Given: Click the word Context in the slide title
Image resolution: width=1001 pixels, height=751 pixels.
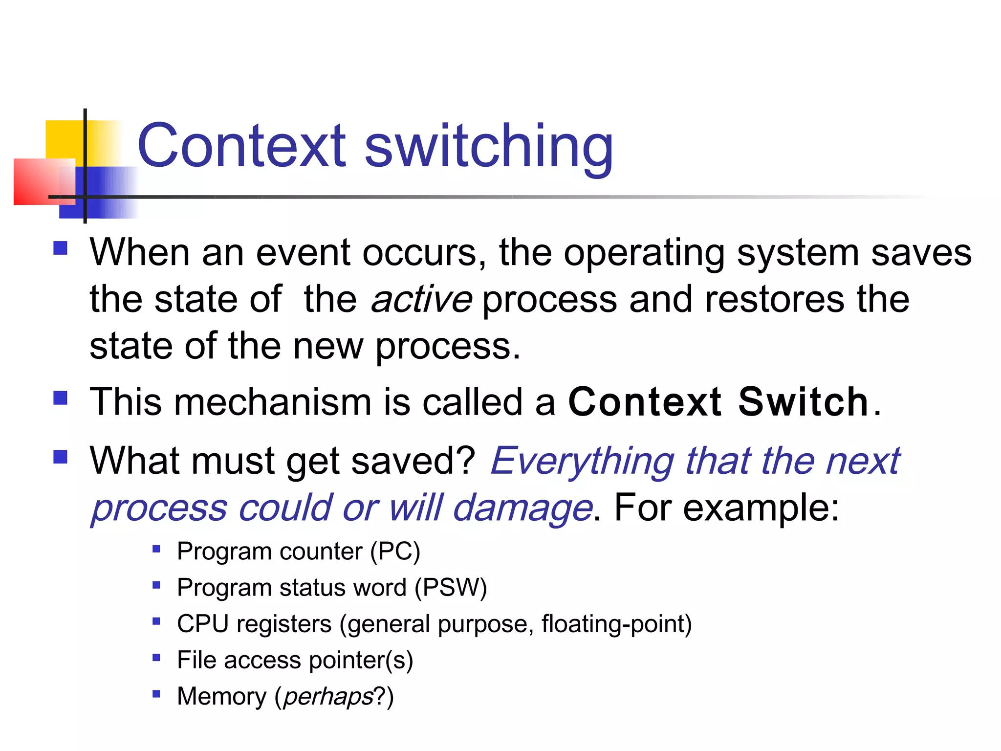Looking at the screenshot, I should [x=242, y=146].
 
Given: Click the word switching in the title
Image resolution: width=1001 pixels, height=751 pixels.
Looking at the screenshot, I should [x=489, y=147].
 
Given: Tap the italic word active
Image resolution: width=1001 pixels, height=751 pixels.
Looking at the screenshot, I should [x=421, y=299].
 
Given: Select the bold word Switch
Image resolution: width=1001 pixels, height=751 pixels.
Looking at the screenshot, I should [x=803, y=402].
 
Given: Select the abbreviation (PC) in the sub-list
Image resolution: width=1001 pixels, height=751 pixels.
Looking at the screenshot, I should [x=395, y=552].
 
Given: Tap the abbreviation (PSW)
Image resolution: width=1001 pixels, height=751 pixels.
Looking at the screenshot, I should [x=451, y=588].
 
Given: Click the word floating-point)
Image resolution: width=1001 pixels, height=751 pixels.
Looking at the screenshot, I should [x=616, y=624].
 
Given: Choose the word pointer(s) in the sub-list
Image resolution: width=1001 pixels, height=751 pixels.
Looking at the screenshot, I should [x=361, y=660].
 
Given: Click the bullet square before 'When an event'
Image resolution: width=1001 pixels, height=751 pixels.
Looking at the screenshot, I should [x=60, y=248].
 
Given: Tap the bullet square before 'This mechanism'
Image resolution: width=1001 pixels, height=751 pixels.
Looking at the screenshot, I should [x=60, y=398].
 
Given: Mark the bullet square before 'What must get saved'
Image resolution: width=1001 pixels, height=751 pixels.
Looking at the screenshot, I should [x=60, y=457].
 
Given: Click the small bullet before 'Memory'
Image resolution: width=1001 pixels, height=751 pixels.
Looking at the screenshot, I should [x=156, y=693].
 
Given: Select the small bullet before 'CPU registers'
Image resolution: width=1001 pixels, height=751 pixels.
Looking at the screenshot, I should [x=156, y=621].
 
